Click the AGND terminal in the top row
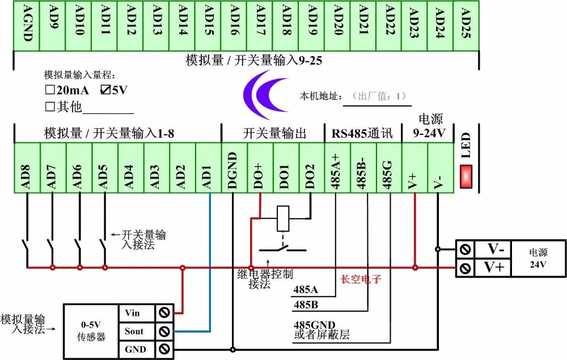click(x=27, y=26)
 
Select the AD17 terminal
click(x=259, y=26)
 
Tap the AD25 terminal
click(x=466, y=26)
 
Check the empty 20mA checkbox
click(x=50, y=90)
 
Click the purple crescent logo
click(x=265, y=95)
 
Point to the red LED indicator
click(x=466, y=176)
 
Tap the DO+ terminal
click(x=260, y=168)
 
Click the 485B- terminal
click(x=363, y=168)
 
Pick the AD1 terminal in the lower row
click(x=209, y=168)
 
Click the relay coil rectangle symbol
click(x=283, y=218)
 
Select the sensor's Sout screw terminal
click(x=164, y=331)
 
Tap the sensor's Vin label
click(x=132, y=313)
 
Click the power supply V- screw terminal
click(x=466, y=249)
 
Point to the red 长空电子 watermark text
click(x=361, y=279)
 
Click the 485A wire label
click(x=306, y=290)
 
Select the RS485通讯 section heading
click(x=362, y=133)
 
